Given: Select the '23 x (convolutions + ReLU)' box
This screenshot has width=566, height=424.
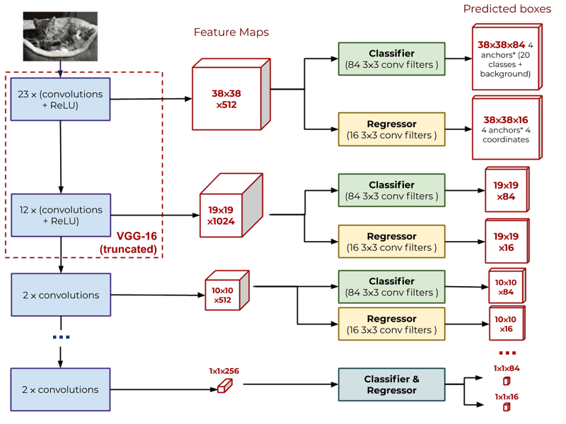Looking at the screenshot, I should [60, 100].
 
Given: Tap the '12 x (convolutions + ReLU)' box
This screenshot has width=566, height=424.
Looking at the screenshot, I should [60, 216].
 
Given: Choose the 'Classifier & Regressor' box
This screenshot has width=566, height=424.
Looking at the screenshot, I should [391, 385].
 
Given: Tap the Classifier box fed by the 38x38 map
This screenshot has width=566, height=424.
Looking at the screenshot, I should [391, 59].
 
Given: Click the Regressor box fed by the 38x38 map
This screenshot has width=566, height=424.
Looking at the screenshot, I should [391, 129].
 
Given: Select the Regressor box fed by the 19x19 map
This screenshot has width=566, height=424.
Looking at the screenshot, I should [391, 242].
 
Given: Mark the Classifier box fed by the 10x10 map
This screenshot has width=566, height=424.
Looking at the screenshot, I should [391, 287].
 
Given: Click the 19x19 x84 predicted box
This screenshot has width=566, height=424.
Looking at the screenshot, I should [505, 190].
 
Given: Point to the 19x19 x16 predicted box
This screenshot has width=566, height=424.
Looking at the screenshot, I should [505, 241].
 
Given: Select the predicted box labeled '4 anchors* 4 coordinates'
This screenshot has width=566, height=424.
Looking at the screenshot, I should [505, 129].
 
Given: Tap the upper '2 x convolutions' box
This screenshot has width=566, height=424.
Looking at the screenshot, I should [60, 295].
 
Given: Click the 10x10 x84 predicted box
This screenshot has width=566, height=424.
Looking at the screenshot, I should [506, 287].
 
